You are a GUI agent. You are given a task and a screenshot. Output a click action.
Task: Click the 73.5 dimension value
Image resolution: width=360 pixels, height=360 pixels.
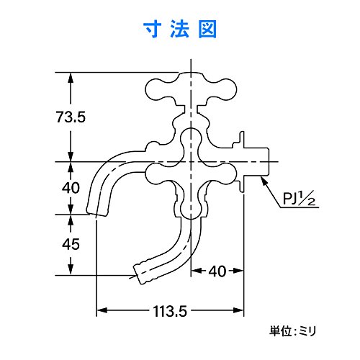point(71,117)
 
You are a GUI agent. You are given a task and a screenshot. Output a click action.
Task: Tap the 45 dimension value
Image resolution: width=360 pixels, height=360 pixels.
point(71,244)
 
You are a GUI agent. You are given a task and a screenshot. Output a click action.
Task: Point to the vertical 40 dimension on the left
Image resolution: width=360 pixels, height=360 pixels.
point(71,188)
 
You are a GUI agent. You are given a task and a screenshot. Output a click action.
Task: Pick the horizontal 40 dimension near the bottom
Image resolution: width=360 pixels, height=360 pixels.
point(218,272)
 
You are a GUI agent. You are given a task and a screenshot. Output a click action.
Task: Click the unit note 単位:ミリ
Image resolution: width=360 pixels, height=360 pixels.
point(297,331)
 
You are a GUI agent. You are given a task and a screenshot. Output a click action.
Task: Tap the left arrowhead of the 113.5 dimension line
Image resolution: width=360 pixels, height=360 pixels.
point(100,310)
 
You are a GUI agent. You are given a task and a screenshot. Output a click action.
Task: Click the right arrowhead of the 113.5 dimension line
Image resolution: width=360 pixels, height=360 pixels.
point(243,310)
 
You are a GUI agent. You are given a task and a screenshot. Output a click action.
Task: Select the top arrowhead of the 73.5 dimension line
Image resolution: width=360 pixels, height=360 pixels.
point(71,76)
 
